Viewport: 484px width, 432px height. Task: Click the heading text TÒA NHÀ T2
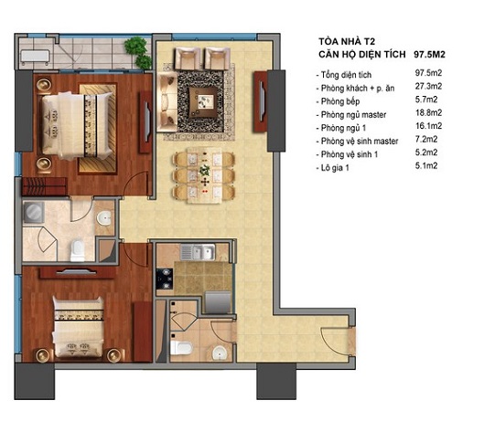point(345,40)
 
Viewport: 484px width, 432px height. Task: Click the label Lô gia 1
point(336,167)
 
